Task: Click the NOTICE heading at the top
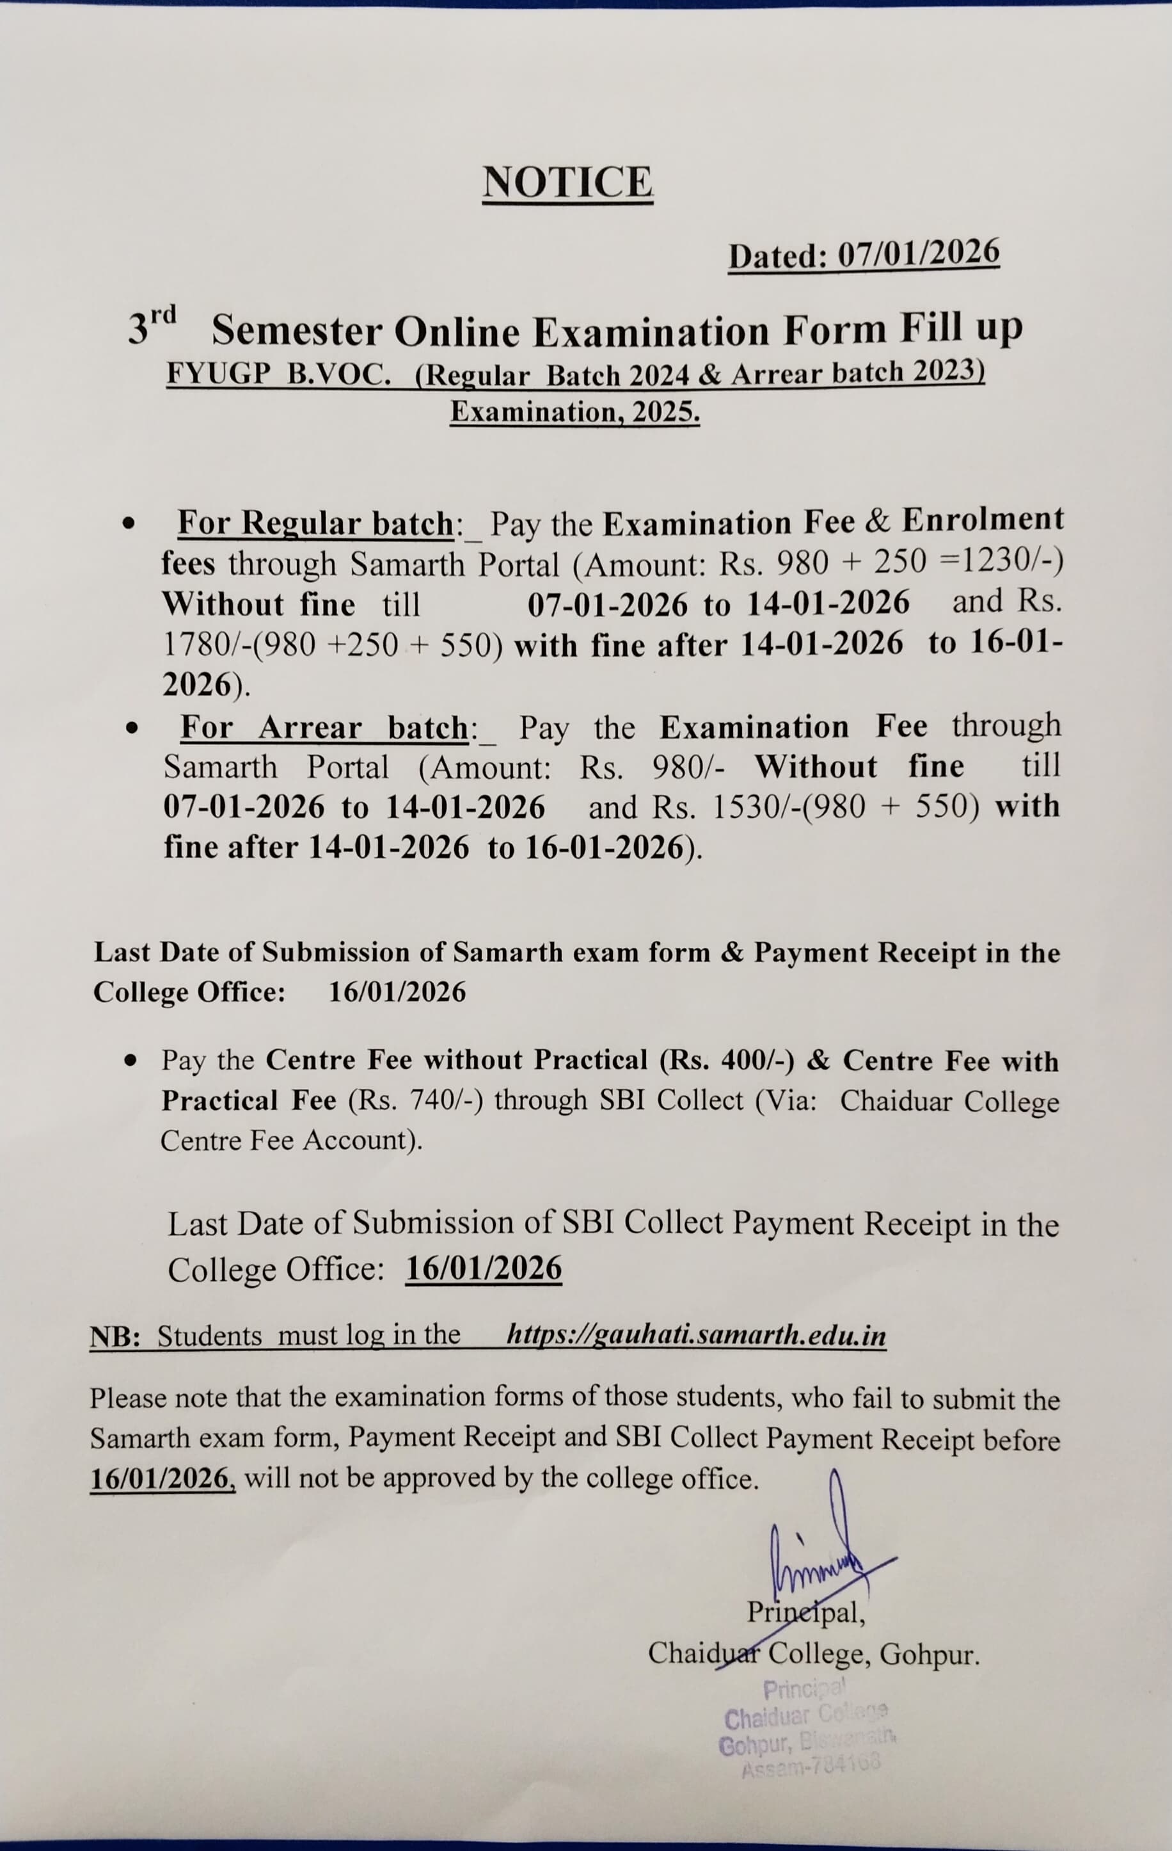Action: click(x=567, y=182)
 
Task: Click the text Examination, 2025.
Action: click(x=575, y=413)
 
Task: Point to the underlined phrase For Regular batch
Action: click(x=315, y=524)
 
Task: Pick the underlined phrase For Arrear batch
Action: click(x=324, y=727)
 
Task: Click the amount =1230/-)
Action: click(x=1001, y=563)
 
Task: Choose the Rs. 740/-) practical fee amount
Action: click(x=416, y=1100)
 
